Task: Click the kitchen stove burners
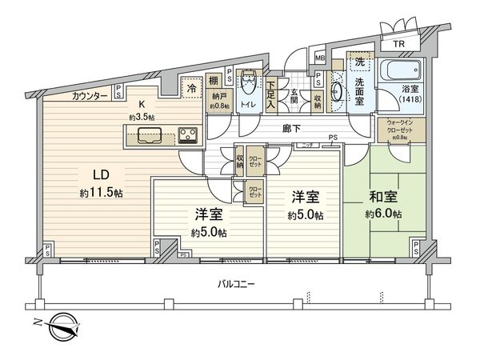(189, 134)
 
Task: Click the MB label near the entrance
(319, 58)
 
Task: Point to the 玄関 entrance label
(294, 92)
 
